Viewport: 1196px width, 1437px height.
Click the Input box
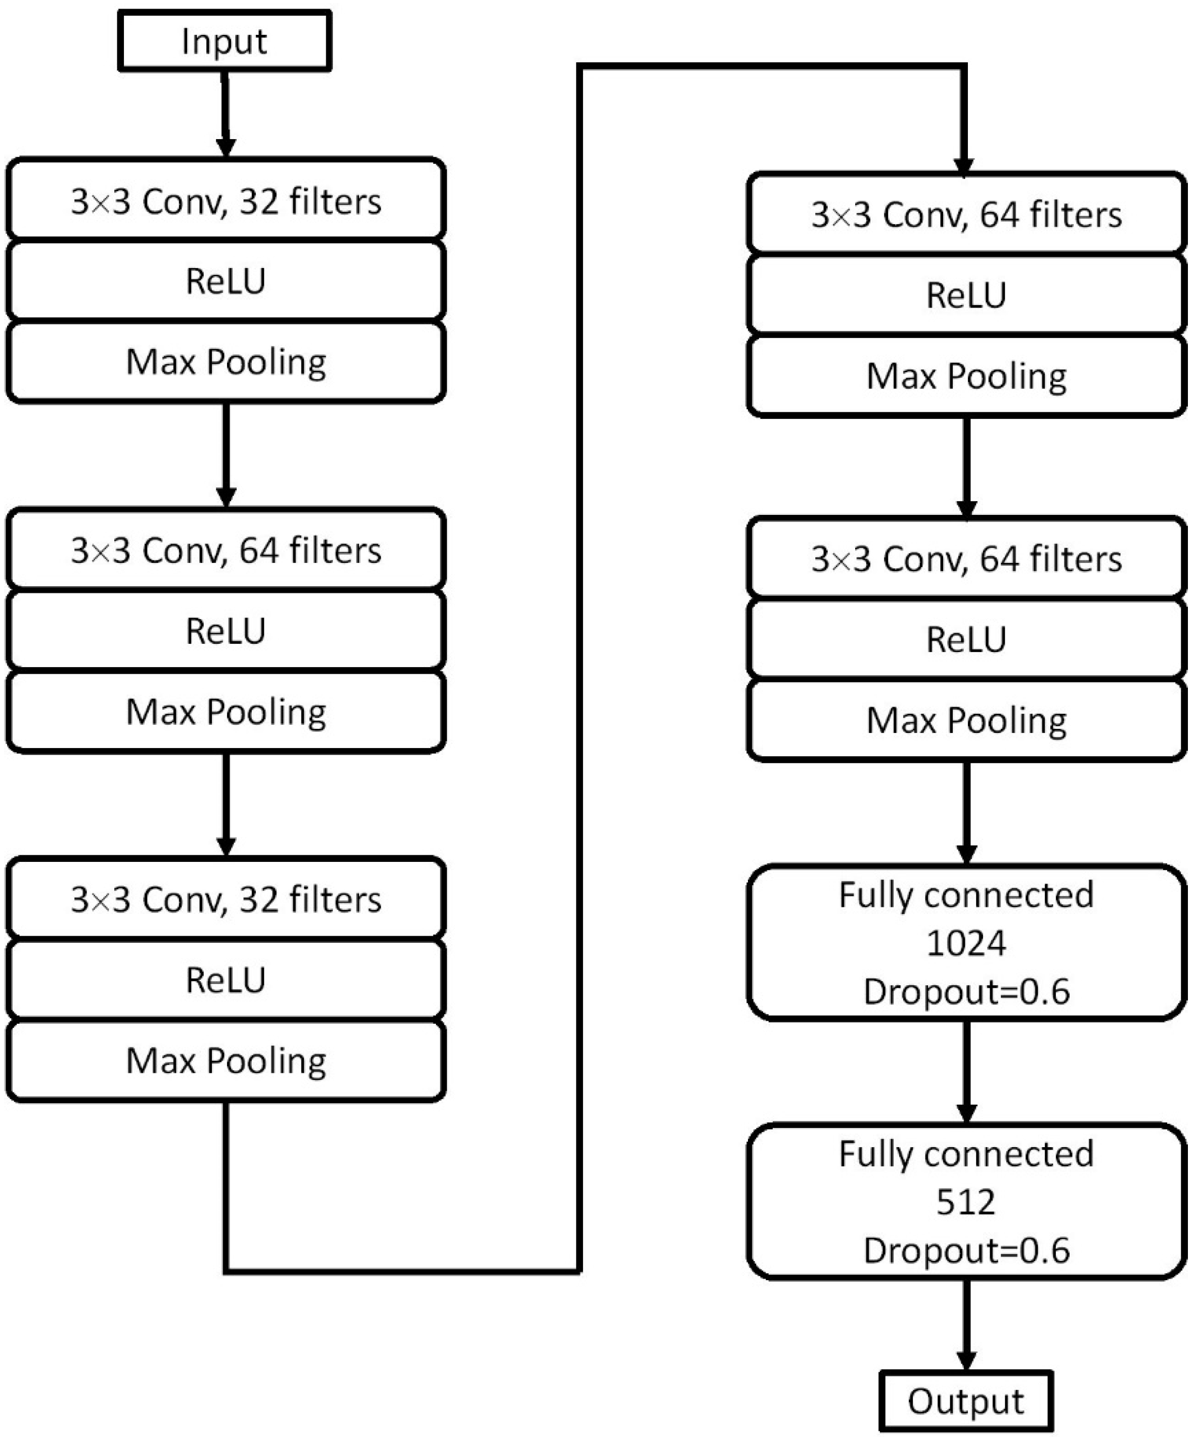coord(225,41)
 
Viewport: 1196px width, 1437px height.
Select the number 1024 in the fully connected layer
coord(965,943)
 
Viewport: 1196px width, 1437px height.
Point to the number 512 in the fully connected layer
coord(965,1202)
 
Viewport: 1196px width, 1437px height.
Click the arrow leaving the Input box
coord(225,113)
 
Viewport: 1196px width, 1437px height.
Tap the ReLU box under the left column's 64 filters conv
coord(226,630)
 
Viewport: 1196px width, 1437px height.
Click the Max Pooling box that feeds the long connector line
coord(226,1061)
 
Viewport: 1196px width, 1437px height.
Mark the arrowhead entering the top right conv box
coord(963,166)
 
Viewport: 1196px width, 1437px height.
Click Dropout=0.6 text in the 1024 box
coord(965,991)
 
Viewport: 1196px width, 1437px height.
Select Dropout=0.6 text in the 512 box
coord(965,1250)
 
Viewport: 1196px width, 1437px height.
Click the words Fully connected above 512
coord(965,1154)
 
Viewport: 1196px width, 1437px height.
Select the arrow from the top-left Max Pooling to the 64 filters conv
coord(226,455)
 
